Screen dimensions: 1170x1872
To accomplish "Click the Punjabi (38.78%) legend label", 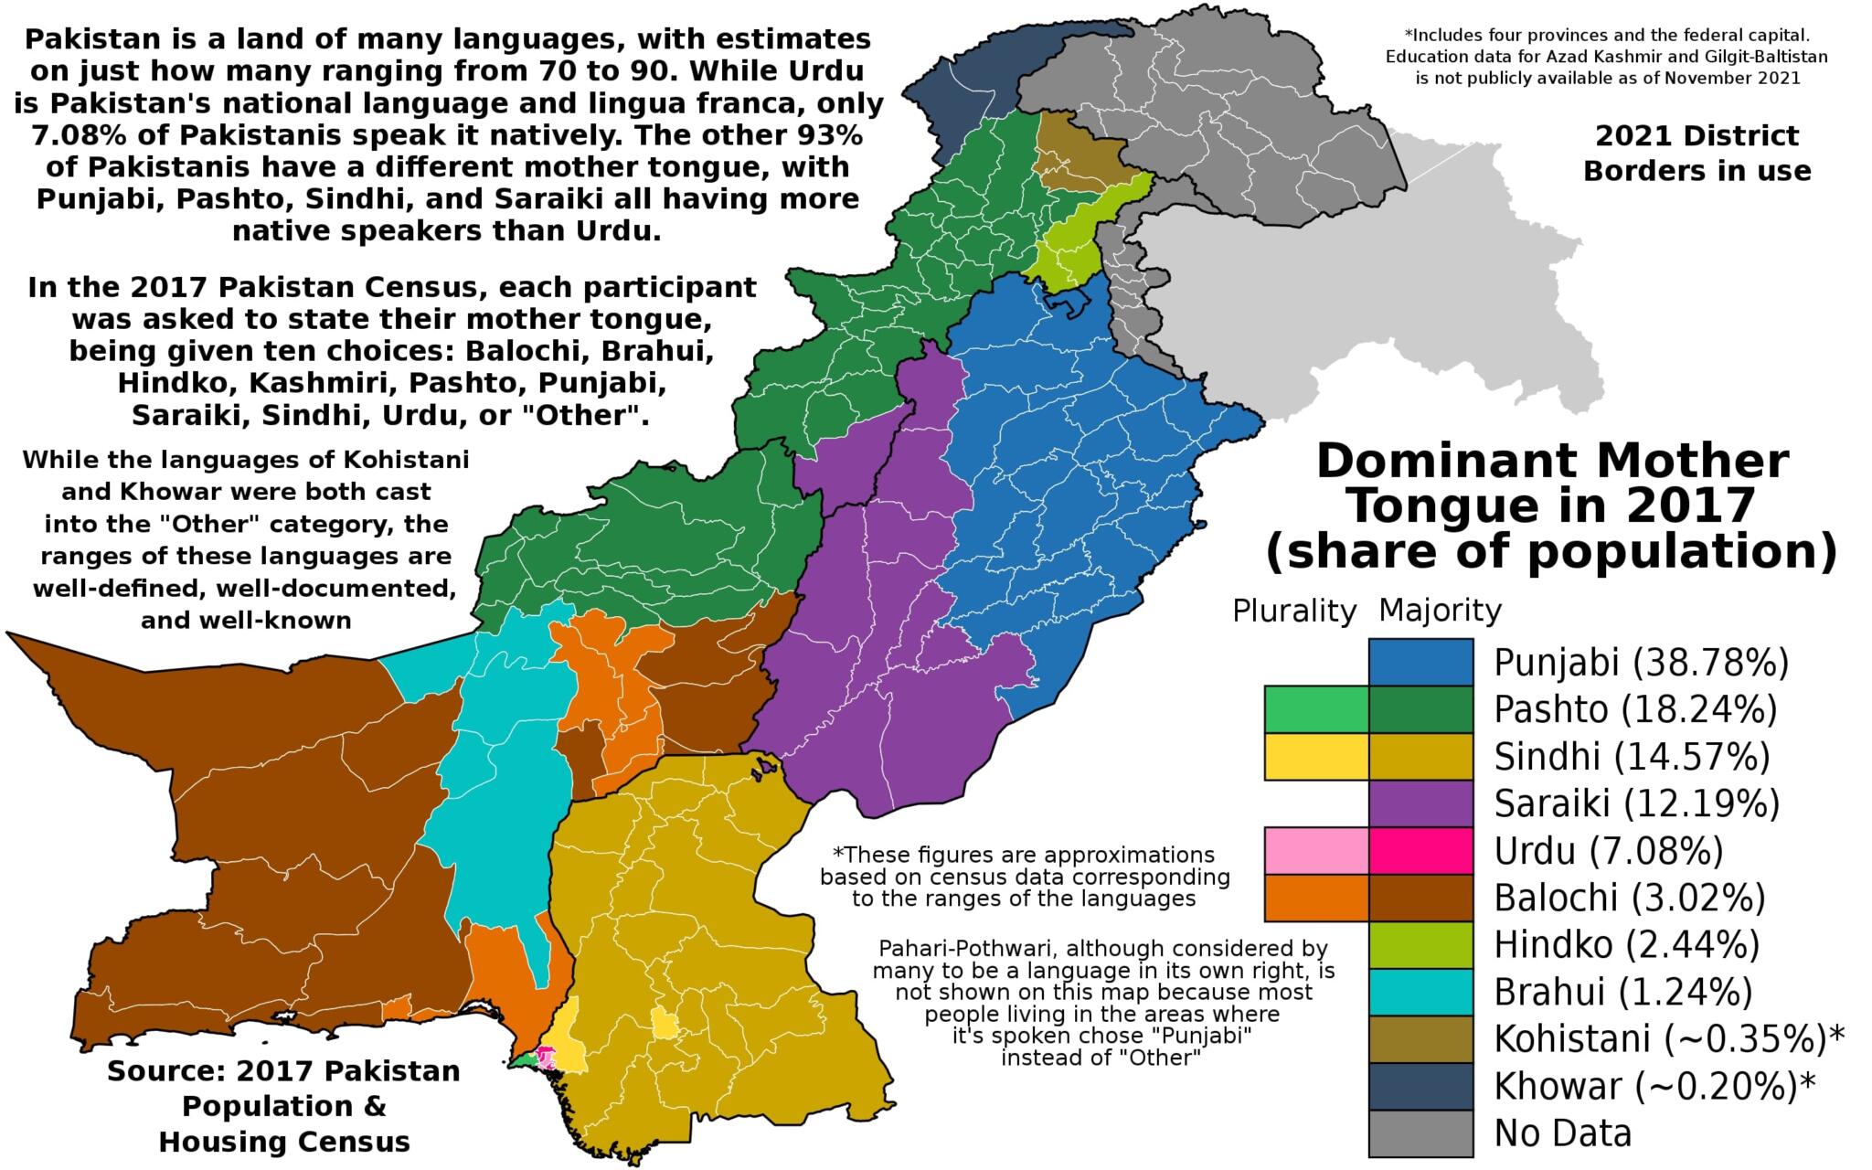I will (x=1641, y=663).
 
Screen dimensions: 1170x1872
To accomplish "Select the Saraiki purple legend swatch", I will (x=1420, y=803).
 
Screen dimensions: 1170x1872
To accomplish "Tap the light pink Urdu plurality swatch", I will (x=1316, y=849).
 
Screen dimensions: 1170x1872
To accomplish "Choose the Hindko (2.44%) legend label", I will (x=1626, y=944).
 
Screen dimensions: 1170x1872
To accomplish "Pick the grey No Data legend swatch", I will (x=1420, y=1133).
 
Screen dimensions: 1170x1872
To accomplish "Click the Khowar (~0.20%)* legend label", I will (x=1654, y=1086).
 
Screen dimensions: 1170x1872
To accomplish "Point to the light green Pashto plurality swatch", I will (x=1316, y=708).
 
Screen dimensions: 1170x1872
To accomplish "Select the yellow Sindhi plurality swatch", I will (x=1316, y=756).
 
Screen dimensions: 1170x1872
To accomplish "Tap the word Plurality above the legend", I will (x=1293, y=611).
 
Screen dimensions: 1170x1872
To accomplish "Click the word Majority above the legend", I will (x=1440, y=610).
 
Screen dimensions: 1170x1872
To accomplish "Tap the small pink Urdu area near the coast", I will (x=546, y=1057).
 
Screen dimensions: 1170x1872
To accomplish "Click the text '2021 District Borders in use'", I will (x=1696, y=154).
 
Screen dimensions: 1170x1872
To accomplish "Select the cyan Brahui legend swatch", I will (x=1420, y=992).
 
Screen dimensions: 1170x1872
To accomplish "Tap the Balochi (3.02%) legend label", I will (x=1629, y=898).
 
